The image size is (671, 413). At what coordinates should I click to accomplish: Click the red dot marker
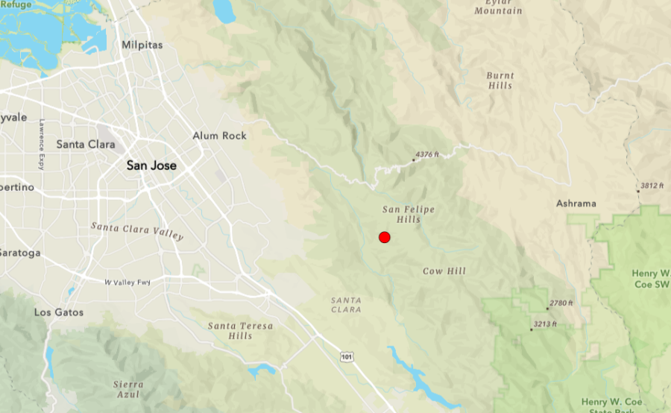(x=385, y=237)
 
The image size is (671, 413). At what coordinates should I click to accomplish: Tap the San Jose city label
(x=151, y=165)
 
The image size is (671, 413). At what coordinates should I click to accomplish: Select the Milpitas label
(x=142, y=45)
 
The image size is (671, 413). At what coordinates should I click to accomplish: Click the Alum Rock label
(x=219, y=136)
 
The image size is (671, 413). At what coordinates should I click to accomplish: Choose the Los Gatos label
(x=59, y=312)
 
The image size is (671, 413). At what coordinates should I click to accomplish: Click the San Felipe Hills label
(x=409, y=215)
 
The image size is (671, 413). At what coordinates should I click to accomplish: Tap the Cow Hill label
(x=444, y=271)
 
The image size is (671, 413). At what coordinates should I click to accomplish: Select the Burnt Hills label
(x=500, y=81)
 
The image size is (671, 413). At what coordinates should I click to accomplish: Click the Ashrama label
(x=576, y=204)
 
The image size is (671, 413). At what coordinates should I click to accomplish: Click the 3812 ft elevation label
(x=652, y=186)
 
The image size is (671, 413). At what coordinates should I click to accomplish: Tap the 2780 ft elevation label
(x=561, y=303)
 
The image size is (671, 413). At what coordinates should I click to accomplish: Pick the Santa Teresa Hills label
(x=240, y=331)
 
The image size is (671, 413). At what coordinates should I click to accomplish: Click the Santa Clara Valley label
(x=136, y=230)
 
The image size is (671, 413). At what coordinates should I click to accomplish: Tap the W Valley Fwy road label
(x=127, y=282)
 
